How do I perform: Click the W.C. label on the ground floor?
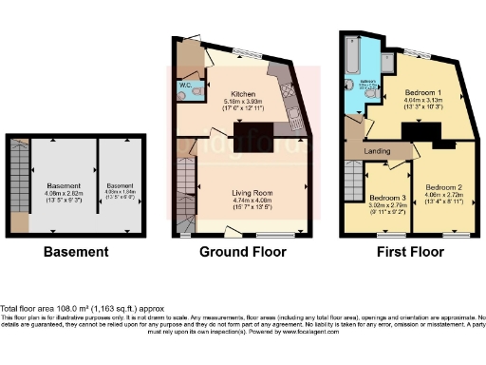(186, 86)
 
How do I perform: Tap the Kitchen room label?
(240, 94)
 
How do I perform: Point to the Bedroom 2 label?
(443, 187)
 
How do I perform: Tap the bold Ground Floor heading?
(244, 253)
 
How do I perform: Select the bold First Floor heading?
(410, 253)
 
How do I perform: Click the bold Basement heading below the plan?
(75, 253)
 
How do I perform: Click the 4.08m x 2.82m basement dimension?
(63, 193)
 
